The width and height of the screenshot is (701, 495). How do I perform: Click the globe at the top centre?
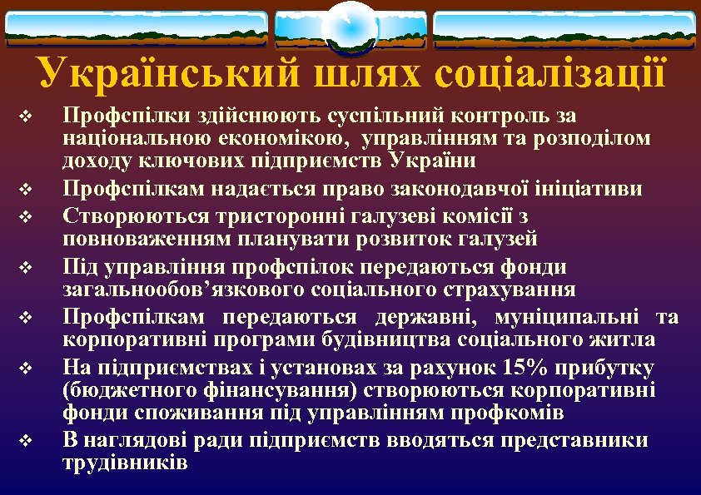point(350,25)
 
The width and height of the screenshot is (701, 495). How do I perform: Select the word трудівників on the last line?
point(125,463)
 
